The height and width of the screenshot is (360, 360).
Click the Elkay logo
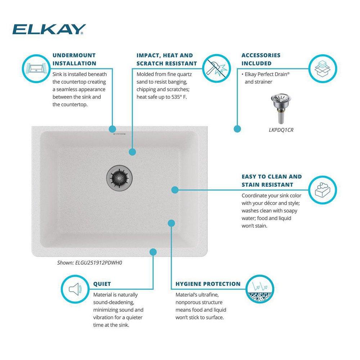coord(49,29)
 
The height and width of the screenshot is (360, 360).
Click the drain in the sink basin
coord(120,176)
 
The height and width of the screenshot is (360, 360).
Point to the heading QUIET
coord(102,284)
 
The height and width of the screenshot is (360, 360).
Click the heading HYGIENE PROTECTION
coord(208,284)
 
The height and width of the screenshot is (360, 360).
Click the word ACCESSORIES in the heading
coord(261,55)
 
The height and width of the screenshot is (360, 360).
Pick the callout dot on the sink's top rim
coord(112,129)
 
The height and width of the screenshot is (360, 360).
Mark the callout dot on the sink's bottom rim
coord(153,252)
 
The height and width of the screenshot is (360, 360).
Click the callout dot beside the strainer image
coord(237,129)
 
